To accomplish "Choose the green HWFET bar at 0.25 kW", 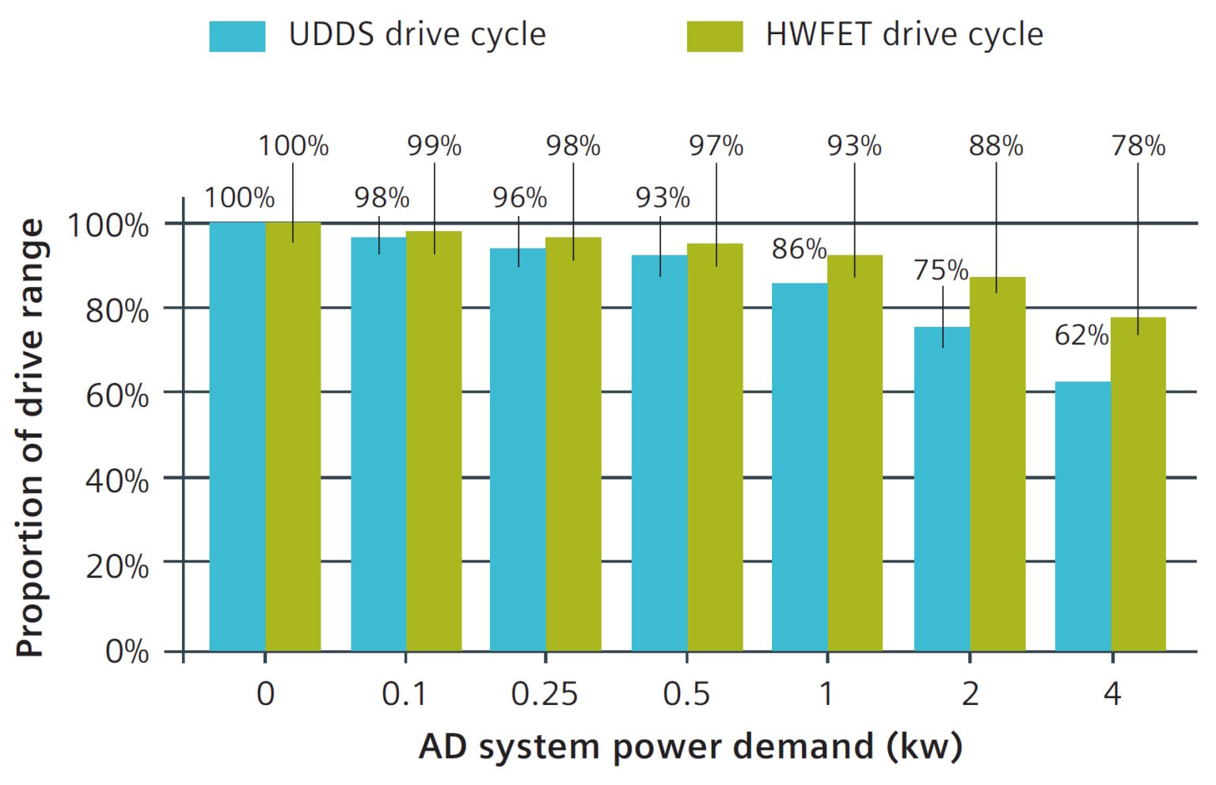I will point(573,444).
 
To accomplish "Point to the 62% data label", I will point(1081,336).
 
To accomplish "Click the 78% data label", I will point(1138,146).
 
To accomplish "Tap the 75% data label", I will point(940,271).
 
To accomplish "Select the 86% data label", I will point(799,249).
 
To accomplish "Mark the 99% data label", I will point(434,146).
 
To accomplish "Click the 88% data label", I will point(996,146).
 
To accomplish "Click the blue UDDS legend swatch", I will point(237,36).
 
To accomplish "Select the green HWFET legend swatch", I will point(714,36).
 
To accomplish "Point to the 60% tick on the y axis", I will point(117,395).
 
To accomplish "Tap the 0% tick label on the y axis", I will point(127,651).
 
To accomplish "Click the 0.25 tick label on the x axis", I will point(545,694).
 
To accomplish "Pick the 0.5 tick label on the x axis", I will point(686,694).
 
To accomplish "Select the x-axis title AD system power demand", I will point(690,746).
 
